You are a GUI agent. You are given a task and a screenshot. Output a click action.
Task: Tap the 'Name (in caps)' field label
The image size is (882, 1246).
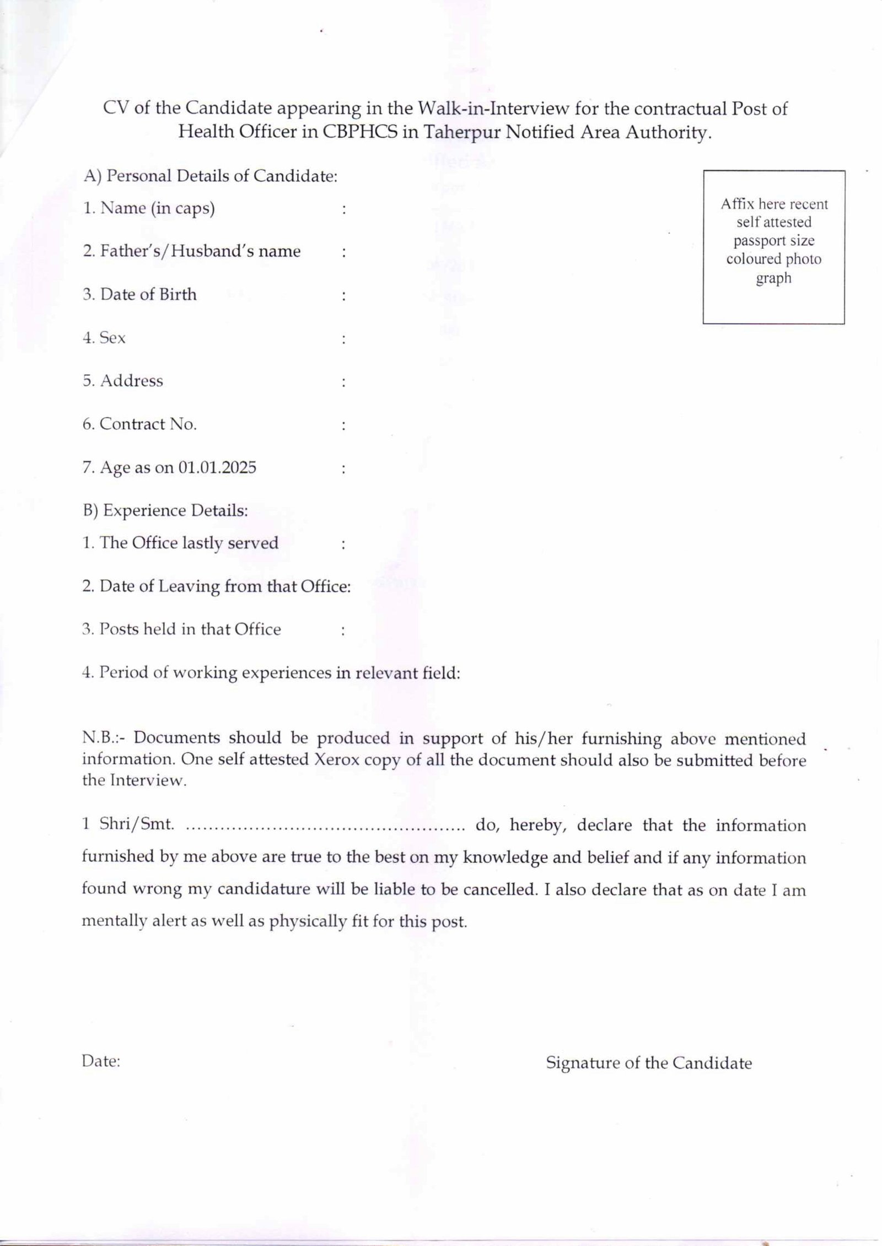point(157,208)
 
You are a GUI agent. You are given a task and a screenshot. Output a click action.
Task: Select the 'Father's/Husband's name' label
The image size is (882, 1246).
point(200,251)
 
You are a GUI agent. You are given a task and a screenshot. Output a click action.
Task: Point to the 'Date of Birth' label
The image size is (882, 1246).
point(148,294)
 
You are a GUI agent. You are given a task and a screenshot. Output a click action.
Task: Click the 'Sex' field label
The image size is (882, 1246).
point(112,337)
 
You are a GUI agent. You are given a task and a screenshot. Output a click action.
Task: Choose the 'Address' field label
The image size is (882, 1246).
point(131,381)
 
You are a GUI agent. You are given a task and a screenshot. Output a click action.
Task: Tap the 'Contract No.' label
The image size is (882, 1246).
point(148,424)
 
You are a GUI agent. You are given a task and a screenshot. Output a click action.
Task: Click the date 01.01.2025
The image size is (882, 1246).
point(217,468)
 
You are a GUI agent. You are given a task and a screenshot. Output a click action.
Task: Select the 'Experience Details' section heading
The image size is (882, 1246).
point(175,511)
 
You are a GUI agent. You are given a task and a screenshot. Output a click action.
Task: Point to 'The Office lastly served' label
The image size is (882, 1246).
point(189,543)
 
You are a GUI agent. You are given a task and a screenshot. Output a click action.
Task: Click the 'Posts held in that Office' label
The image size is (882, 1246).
point(190,629)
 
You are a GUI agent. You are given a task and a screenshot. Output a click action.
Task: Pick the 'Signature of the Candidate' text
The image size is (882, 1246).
point(648,1063)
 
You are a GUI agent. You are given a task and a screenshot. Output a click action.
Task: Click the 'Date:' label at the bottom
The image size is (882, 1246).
point(101,1061)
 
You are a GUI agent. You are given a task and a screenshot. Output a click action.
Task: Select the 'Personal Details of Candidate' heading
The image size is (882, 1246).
point(221,176)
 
